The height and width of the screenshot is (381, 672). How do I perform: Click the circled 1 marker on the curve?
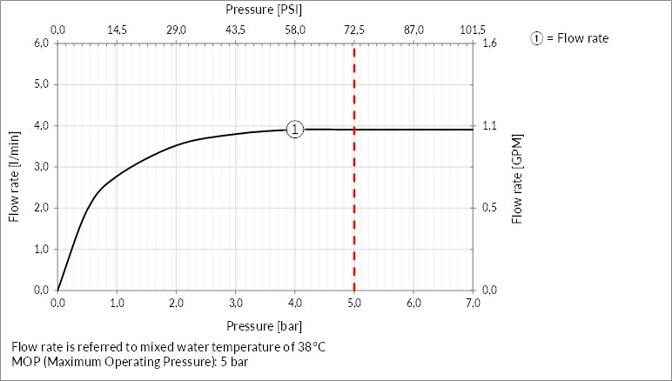click(x=295, y=130)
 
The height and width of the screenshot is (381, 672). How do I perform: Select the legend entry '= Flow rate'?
click(x=576, y=38)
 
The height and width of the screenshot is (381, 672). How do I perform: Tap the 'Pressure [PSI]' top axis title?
click(x=264, y=10)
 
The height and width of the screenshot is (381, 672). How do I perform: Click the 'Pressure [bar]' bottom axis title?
click(x=264, y=326)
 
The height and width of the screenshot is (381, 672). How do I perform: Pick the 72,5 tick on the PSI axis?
click(x=354, y=30)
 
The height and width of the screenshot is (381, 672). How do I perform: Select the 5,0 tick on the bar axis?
click(x=354, y=303)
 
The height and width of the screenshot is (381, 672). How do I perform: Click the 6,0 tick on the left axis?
click(x=41, y=43)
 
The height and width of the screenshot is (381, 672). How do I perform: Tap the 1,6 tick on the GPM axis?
click(x=489, y=43)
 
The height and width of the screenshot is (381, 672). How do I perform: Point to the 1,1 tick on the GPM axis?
click(x=489, y=126)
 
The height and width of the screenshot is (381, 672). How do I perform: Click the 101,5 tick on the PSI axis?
click(x=472, y=30)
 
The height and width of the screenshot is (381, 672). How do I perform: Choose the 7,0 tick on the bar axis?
click(x=473, y=303)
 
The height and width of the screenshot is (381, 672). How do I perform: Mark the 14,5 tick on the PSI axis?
click(x=117, y=30)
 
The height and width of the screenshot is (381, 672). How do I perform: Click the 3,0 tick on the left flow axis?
click(x=41, y=167)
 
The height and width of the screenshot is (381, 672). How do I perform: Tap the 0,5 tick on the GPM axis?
click(x=489, y=208)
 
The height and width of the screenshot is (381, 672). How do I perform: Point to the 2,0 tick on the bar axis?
click(x=176, y=303)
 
